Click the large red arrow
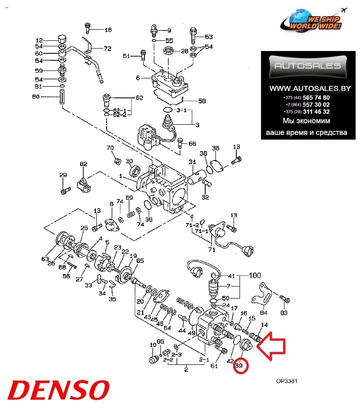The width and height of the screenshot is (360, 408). pyautogui.click(x=272, y=348)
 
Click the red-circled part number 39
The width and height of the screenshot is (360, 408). pyautogui.click(x=240, y=366)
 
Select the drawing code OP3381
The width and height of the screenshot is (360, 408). pyautogui.click(x=286, y=382)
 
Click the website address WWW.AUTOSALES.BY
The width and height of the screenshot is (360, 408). pyautogui.click(x=306, y=88)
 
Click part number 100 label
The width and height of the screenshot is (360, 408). pyautogui.click(x=254, y=275)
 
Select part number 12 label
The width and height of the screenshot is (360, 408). pyautogui.click(x=39, y=40)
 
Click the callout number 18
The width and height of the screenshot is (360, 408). pyautogui.click(x=108, y=30)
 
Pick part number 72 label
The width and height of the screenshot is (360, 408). pyautogui.click(x=107, y=48)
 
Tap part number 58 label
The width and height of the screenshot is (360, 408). pyautogui.click(x=202, y=101)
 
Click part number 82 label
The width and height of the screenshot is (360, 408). pyautogui.click(x=83, y=164)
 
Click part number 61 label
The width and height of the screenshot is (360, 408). pyautogui.click(x=214, y=366)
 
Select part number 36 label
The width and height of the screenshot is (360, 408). pyautogui.click(x=215, y=148)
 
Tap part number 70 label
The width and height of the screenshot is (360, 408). pyautogui.click(x=110, y=148)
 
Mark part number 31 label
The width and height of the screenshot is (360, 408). pyautogui.click(x=192, y=162)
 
